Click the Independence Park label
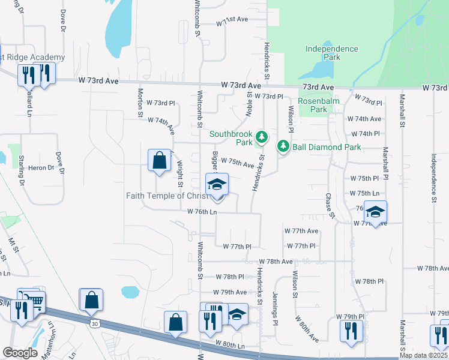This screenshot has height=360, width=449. [x=331, y=53]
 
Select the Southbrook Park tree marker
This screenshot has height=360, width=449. [x=261, y=137]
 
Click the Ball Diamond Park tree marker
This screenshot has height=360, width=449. [x=282, y=146]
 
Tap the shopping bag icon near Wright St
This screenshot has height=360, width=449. [x=158, y=160]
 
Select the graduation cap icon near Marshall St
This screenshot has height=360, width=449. [x=375, y=212]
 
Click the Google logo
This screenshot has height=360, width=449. [x=20, y=353]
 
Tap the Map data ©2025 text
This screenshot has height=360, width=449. [x=423, y=355]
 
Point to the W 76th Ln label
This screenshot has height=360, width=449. [x=202, y=212]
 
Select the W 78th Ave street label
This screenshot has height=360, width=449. [x=276, y=262]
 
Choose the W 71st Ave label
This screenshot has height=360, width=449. [x=232, y=20]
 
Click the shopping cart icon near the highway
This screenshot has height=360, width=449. [x=35, y=300]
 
